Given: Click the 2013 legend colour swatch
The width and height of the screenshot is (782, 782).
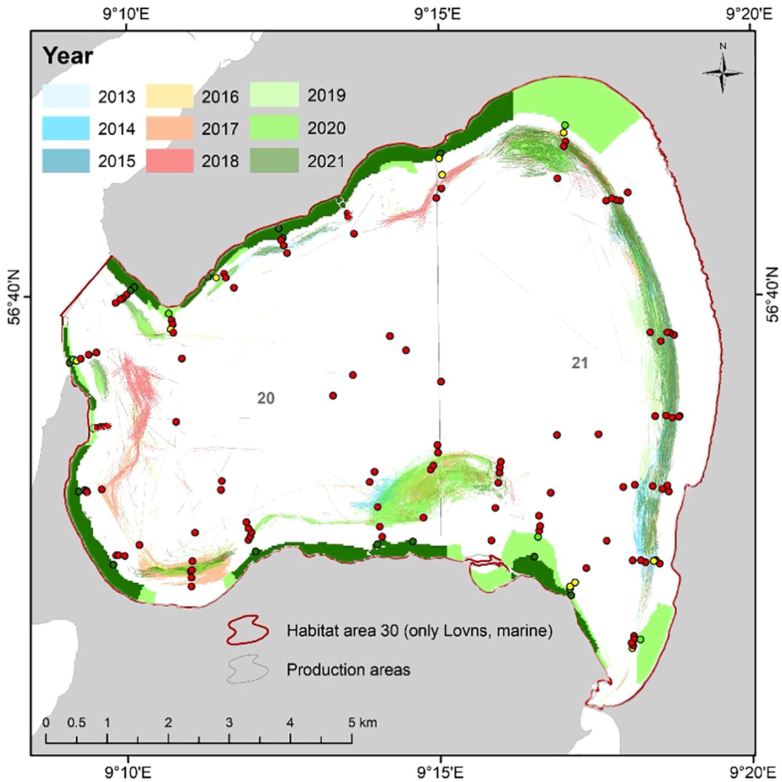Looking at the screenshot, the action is coord(66,96).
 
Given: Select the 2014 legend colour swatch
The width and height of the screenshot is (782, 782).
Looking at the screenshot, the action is coord(66,128).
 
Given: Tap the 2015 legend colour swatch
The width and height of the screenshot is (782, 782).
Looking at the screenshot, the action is coord(66,161).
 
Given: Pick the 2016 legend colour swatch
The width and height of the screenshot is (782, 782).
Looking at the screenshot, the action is coord(169,96).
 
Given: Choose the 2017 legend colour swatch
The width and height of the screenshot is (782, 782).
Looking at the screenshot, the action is coord(169,128).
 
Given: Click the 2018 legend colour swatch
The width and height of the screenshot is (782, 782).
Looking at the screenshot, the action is coord(169,161).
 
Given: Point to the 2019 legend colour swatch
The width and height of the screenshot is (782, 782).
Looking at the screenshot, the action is coord(274,95).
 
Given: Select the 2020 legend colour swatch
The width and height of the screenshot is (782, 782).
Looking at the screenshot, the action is coord(274,127).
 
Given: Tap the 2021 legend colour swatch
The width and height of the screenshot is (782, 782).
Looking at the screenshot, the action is coord(274,161).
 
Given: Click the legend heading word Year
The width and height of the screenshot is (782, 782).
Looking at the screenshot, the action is coord(68,56).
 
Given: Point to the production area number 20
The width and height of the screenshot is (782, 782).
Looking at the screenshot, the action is coord(265,398).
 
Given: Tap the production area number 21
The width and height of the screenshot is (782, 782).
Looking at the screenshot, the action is coord(579,363).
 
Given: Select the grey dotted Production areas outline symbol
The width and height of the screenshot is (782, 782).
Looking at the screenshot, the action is coord(248,669).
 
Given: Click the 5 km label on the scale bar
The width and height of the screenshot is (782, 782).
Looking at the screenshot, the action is coord(363,722).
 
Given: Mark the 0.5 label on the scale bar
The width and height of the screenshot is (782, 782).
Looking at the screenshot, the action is coord(77,722).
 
